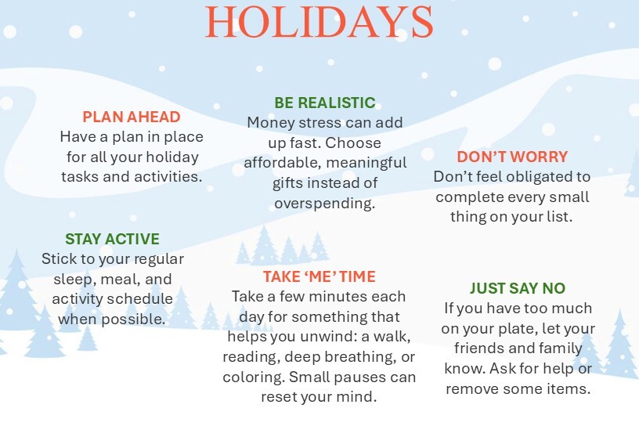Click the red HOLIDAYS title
point(319,23)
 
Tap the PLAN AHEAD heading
point(132,117)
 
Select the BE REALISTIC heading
point(325,103)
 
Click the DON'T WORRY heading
point(512,157)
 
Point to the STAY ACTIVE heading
point(112,239)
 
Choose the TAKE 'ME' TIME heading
point(319,276)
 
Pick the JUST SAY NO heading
point(518,288)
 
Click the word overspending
point(325,204)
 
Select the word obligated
point(536,177)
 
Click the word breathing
point(360,357)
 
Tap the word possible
point(137,319)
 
